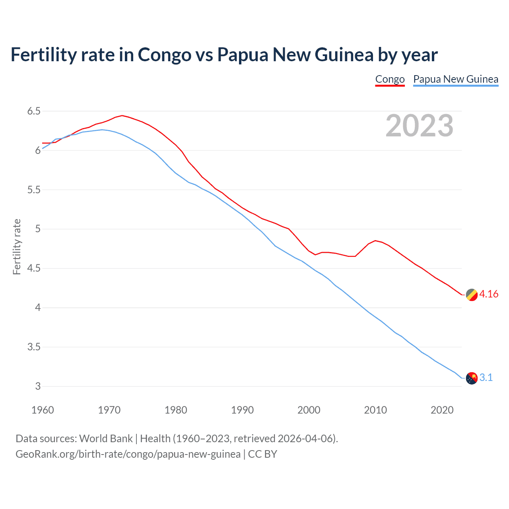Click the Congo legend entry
(x=390, y=79)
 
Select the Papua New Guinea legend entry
(x=456, y=79)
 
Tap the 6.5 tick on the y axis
(x=34, y=111)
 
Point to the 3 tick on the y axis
(x=38, y=387)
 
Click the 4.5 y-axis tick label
(x=34, y=268)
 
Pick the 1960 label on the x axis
(x=43, y=410)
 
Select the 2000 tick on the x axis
(x=309, y=410)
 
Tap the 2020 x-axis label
(x=442, y=410)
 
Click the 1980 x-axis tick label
(x=176, y=410)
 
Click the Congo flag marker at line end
(x=472, y=295)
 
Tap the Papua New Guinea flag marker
(x=472, y=378)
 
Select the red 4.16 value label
(x=489, y=294)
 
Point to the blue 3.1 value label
(x=486, y=378)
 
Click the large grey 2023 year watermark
(x=419, y=126)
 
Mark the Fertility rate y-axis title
(x=17, y=247)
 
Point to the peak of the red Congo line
(x=122, y=116)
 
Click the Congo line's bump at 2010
(x=375, y=241)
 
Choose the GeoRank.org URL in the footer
(x=128, y=454)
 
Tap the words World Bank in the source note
(x=106, y=439)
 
